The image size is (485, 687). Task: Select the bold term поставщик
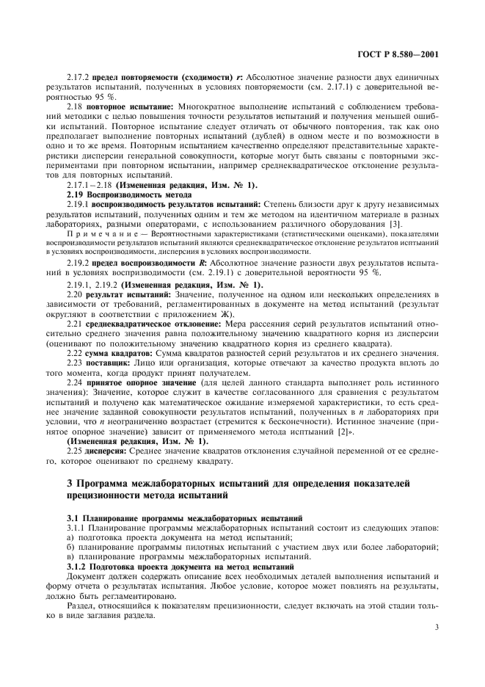(x=109, y=362)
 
